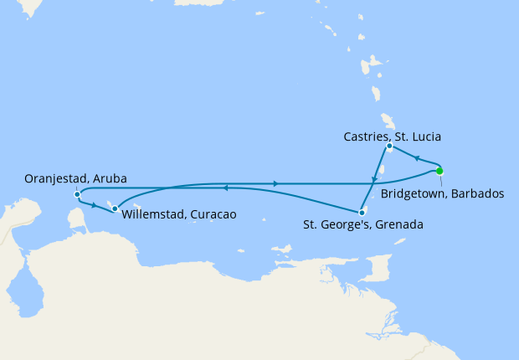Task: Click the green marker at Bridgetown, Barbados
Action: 439,171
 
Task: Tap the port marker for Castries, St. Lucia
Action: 389,147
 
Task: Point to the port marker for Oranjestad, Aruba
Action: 77,194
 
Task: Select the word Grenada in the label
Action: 399,224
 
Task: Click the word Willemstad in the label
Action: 155,214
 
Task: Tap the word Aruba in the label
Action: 111,178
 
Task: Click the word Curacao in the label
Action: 213,214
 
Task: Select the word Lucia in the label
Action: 424,136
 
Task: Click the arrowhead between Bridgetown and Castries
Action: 416,157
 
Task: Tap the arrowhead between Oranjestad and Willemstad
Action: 94,205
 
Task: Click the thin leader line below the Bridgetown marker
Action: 440,180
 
